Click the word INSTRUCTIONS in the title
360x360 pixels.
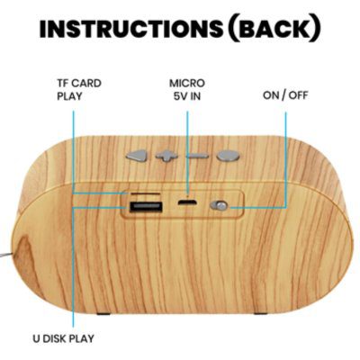(x=131, y=29)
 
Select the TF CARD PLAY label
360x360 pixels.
(x=79, y=89)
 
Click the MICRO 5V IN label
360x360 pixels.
(x=187, y=89)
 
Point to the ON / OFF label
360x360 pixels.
(x=285, y=95)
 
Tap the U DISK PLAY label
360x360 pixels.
(x=63, y=338)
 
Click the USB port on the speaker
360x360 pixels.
(x=146, y=207)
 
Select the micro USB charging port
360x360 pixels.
(x=187, y=202)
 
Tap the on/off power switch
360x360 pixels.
(x=220, y=206)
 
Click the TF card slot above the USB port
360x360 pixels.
(x=146, y=194)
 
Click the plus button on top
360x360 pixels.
(x=166, y=156)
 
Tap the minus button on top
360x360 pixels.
(x=197, y=156)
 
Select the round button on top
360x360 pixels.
(x=229, y=156)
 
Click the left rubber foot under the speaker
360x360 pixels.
(x=103, y=313)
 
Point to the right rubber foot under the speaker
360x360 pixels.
(x=261, y=313)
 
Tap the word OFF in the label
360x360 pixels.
(x=298, y=95)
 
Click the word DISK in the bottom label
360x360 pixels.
(x=55, y=338)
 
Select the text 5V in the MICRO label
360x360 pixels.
(x=179, y=96)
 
